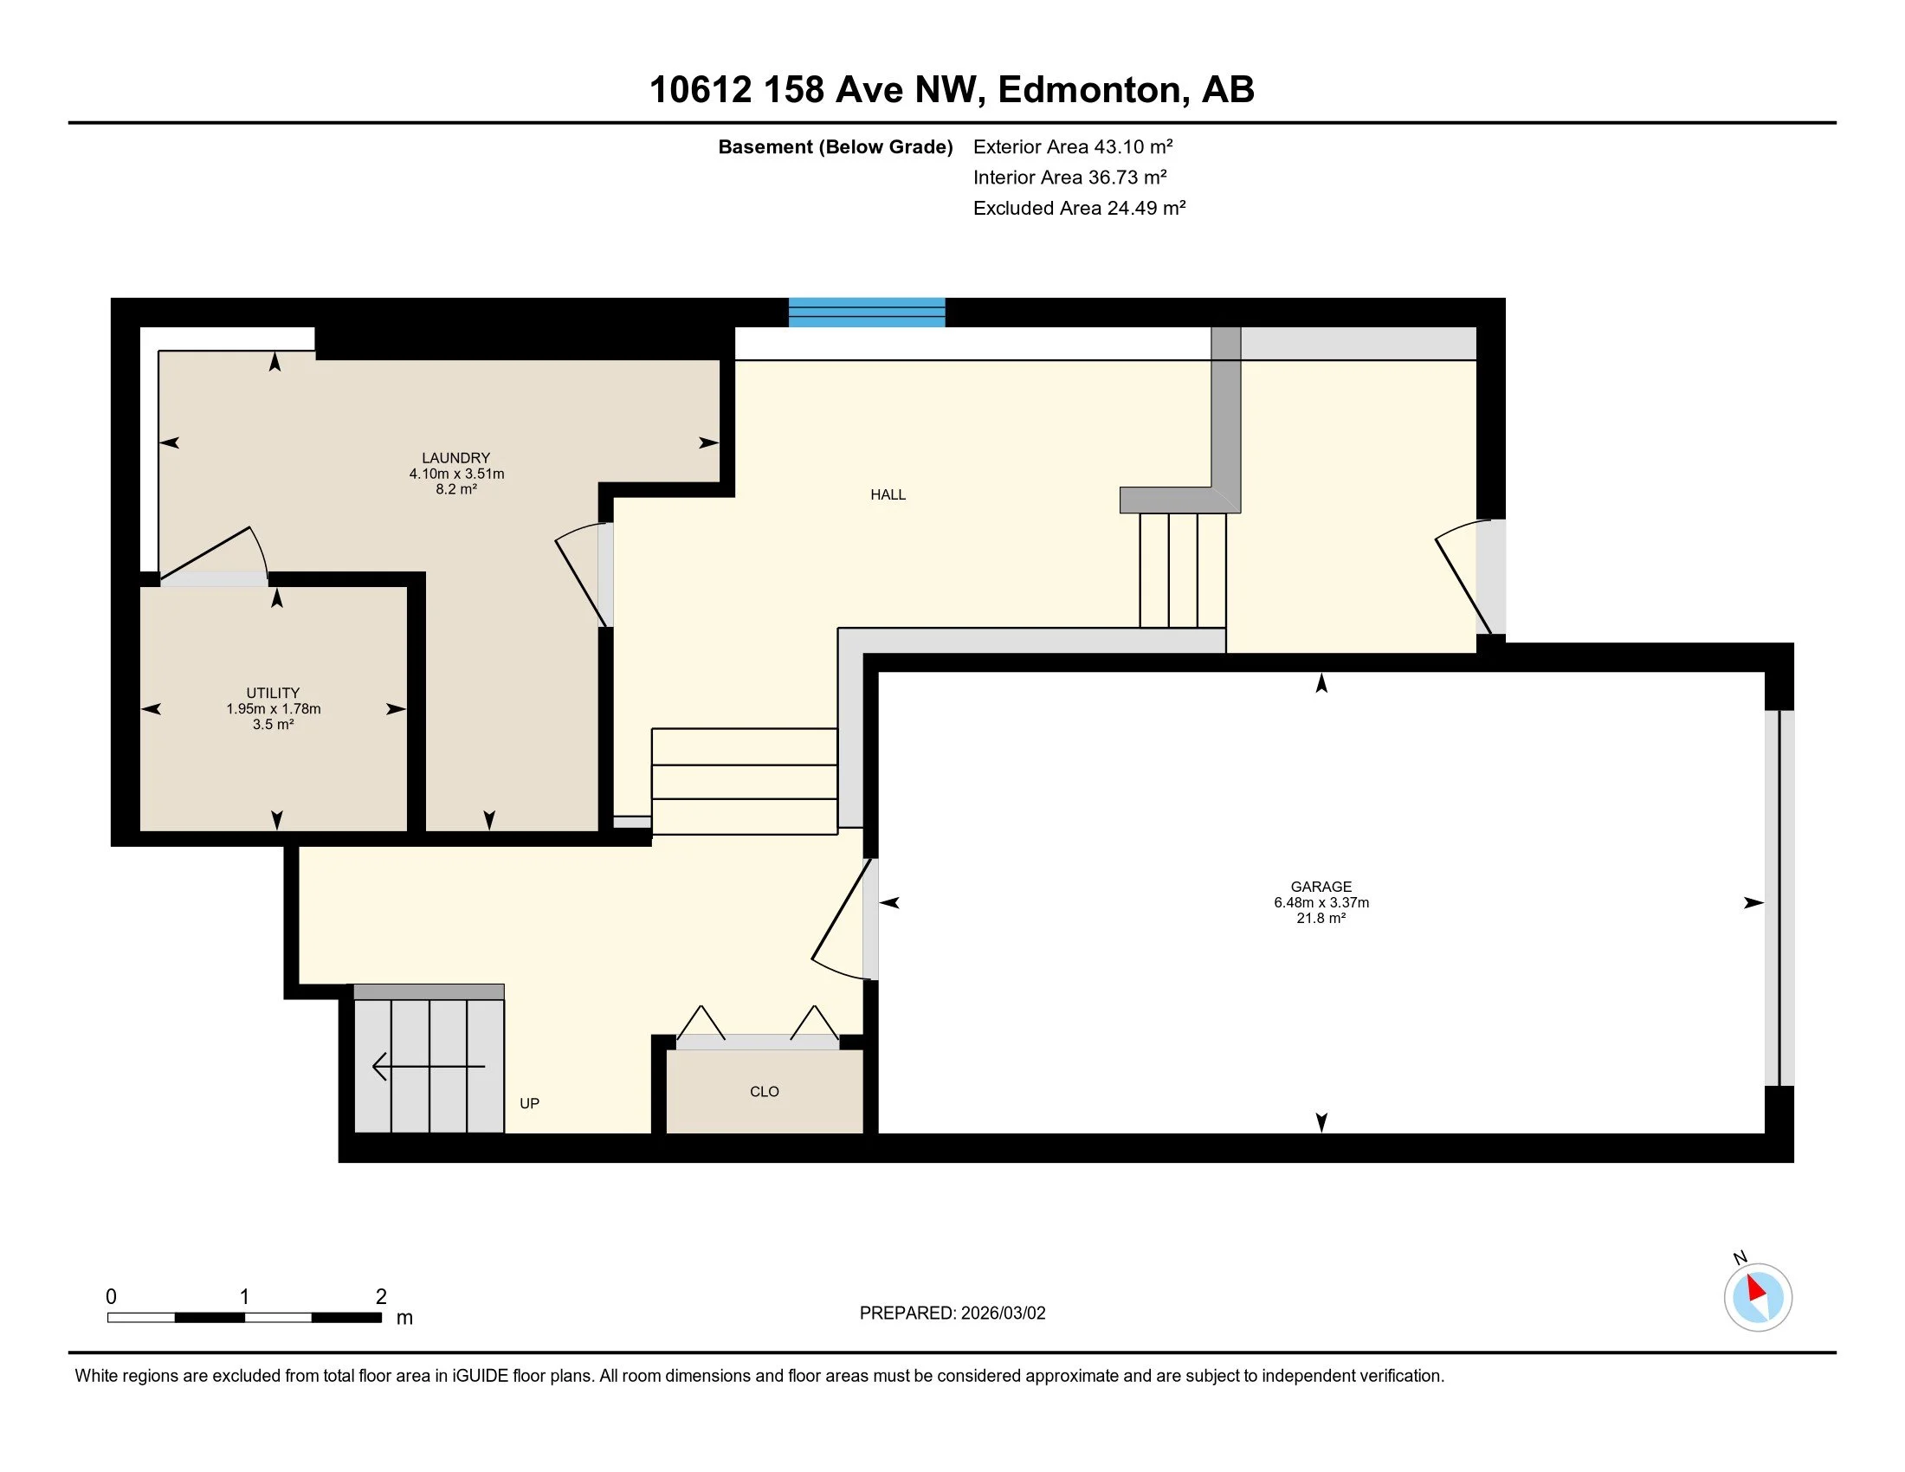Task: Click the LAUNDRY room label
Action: tap(456, 458)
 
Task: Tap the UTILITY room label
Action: tap(273, 694)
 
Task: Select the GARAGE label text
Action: tap(1321, 887)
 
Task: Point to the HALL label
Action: tap(888, 494)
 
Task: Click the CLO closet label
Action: tap(764, 1092)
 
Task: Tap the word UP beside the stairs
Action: tap(529, 1103)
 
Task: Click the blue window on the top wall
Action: tap(867, 313)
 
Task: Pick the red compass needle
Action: tap(1756, 1289)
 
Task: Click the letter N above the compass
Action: tap(1740, 1257)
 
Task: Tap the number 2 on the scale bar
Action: tap(381, 1297)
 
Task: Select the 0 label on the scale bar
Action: tap(111, 1297)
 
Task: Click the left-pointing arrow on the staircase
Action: tap(429, 1067)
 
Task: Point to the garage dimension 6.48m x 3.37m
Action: tap(1321, 902)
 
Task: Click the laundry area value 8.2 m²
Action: tap(456, 489)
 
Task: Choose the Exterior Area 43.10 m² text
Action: tap(1073, 146)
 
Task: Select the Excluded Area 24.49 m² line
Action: tap(1079, 208)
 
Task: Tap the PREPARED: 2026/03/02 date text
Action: tap(953, 1314)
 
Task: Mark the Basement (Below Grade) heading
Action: tap(836, 146)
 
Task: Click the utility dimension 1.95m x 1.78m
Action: tap(273, 709)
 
